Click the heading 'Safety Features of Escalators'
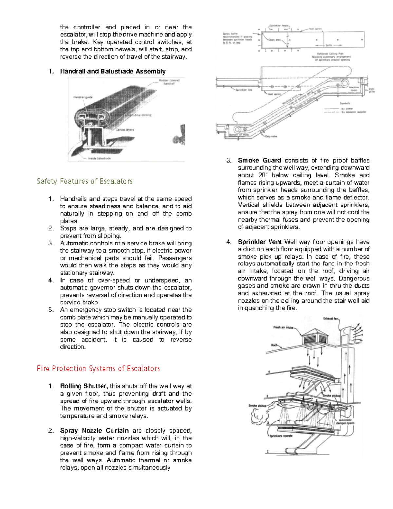[x=84, y=181]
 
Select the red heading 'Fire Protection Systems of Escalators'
[x=98, y=369]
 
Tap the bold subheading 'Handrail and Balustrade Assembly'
[x=113, y=71]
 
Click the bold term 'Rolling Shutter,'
[x=84, y=386]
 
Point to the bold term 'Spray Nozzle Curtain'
[x=94, y=431]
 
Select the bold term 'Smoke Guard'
[x=259, y=160]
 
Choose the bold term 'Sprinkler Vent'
[x=259, y=242]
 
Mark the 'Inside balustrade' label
[x=99, y=158]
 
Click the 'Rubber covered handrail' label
[x=169, y=82]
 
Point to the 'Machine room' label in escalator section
[x=354, y=89]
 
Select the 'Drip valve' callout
[x=271, y=136]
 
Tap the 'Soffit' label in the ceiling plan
[x=329, y=45]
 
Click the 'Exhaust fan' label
[x=330, y=318]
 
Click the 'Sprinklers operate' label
[x=281, y=436]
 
